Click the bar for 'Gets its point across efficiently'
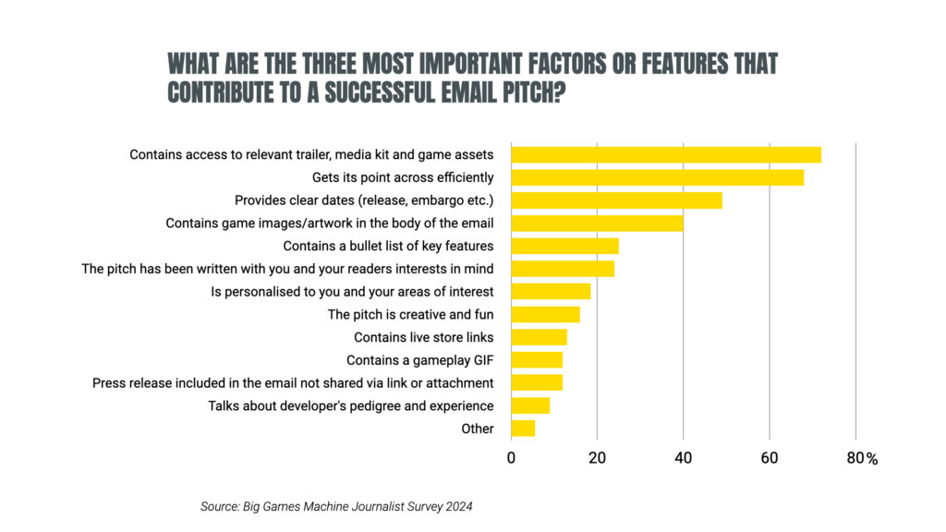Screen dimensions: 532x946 point(657,177)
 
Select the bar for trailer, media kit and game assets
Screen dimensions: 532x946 point(665,154)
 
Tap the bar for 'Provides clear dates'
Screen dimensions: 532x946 point(616,199)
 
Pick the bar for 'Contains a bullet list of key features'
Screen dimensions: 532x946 point(564,246)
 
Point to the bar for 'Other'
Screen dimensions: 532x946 point(523,429)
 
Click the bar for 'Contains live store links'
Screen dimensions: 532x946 point(539,337)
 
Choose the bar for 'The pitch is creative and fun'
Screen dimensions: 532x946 point(545,314)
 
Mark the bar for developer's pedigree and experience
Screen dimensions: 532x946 point(530,405)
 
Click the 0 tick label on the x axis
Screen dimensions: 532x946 point(511,458)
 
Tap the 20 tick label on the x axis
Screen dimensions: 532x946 point(597,458)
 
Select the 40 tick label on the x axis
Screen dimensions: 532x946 point(683,458)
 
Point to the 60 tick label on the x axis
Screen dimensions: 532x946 point(769,458)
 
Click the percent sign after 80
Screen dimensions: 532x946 point(871,459)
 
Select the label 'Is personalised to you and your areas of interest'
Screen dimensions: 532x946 point(352,292)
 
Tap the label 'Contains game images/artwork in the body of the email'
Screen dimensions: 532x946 point(330,223)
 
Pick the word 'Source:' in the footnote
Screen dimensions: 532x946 point(219,506)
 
